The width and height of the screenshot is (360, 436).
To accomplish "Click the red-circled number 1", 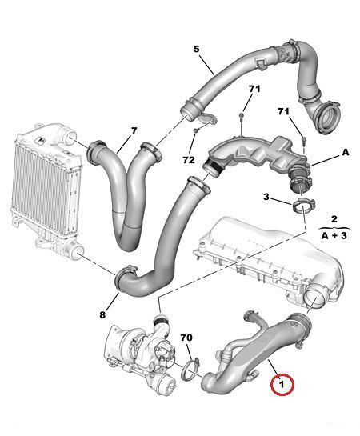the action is [x=282, y=385].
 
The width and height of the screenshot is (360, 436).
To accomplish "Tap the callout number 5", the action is [x=197, y=50].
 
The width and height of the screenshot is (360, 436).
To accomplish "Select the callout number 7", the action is [x=134, y=131].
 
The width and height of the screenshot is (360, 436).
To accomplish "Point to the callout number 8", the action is [x=102, y=314].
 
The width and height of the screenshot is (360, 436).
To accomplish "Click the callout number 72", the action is [x=189, y=160].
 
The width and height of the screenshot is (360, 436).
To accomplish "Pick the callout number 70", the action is [x=186, y=338].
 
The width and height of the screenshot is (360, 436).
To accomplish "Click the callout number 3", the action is [x=266, y=197].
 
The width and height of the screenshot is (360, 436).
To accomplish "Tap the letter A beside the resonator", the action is [x=346, y=152].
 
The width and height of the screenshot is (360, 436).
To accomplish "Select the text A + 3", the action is [x=334, y=236].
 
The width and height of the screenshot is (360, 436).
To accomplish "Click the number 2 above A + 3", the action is [x=334, y=219].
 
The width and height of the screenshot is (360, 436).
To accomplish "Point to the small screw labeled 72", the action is [x=196, y=130].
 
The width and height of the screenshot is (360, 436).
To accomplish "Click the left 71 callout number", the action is [x=254, y=89].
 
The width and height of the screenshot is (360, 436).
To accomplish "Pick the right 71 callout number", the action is [x=283, y=112].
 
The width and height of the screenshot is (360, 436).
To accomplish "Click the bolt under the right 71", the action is [x=304, y=141].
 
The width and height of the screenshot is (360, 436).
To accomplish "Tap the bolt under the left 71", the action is [x=242, y=117].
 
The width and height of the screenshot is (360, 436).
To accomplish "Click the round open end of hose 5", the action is [x=330, y=118].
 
